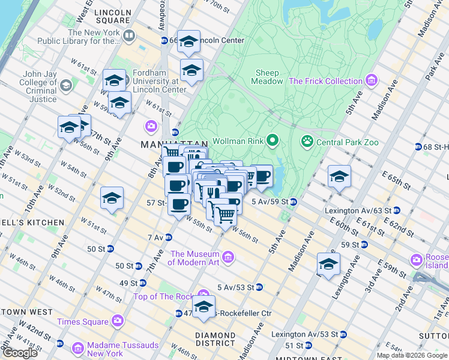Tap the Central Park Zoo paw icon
[x=307, y=142]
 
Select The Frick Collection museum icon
[x=372, y=80]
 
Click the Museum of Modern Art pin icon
[x=228, y=258]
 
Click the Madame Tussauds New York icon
[x=77, y=349]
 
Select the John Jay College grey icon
[x=65, y=86]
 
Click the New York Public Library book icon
[x=128, y=37]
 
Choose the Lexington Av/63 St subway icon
[x=397, y=211]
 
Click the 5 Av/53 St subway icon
[x=259, y=287]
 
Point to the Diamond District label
[x=215, y=339]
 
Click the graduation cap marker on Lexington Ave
[x=328, y=265]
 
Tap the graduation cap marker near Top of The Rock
[x=203, y=306]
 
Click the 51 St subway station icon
[x=308, y=346]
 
